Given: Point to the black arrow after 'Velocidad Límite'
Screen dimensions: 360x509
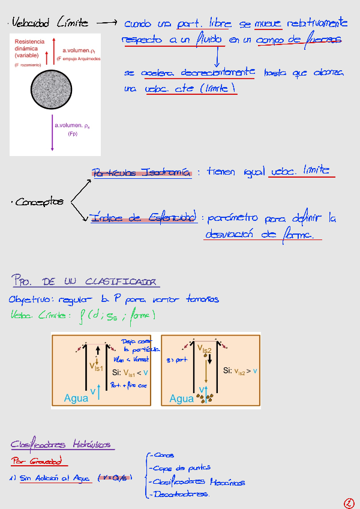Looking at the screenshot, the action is (x=106, y=23).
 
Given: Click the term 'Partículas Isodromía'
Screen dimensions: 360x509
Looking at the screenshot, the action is (x=142, y=172).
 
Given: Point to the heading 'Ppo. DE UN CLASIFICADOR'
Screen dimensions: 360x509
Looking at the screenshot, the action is (x=85, y=281).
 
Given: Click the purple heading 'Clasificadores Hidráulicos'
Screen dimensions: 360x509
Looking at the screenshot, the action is (x=61, y=445).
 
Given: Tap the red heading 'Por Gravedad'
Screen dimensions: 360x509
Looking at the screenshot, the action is (x=39, y=462).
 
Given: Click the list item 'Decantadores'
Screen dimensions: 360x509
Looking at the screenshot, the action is (x=181, y=495).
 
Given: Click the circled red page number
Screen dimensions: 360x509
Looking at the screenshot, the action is (x=349, y=502).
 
